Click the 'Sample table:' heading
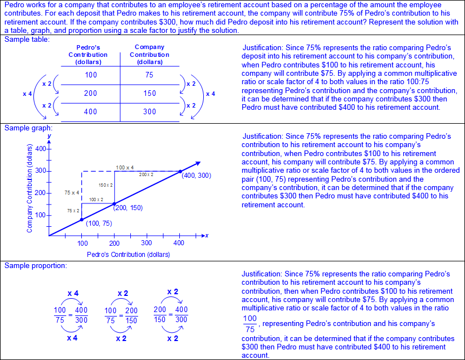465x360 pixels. [x=27, y=40]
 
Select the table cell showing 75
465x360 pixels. [x=149, y=75]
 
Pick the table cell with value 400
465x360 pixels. [x=90, y=111]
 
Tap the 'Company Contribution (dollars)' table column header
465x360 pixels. [x=149, y=55]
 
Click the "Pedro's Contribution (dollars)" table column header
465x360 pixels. [x=88, y=55]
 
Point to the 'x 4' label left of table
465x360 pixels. [x=27, y=94]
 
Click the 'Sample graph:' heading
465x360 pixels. [x=28, y=128]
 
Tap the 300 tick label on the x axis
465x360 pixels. [x=146, y=243]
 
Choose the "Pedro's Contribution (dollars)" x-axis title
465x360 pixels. [x=128, y=255]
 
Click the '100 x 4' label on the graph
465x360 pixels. [x=124, y=167]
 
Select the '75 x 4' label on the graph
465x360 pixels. [x=72, y=192]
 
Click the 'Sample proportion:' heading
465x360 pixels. [x=36, y=265]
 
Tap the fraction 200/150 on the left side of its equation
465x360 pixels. [x=160, y=315]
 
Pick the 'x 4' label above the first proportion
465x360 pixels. [x=72, y=293]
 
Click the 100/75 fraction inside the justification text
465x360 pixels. [x=250, y=324]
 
